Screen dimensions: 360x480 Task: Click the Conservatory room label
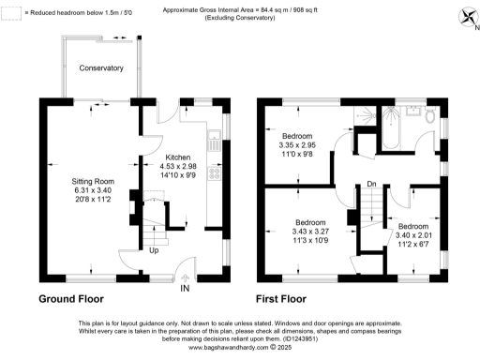(101, 68)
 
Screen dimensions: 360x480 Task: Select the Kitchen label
(178, 157)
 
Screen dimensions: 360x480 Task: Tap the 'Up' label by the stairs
(154, 250)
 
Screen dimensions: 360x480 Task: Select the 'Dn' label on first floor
(371, 184)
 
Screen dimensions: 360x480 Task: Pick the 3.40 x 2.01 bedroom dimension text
(412, 236)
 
